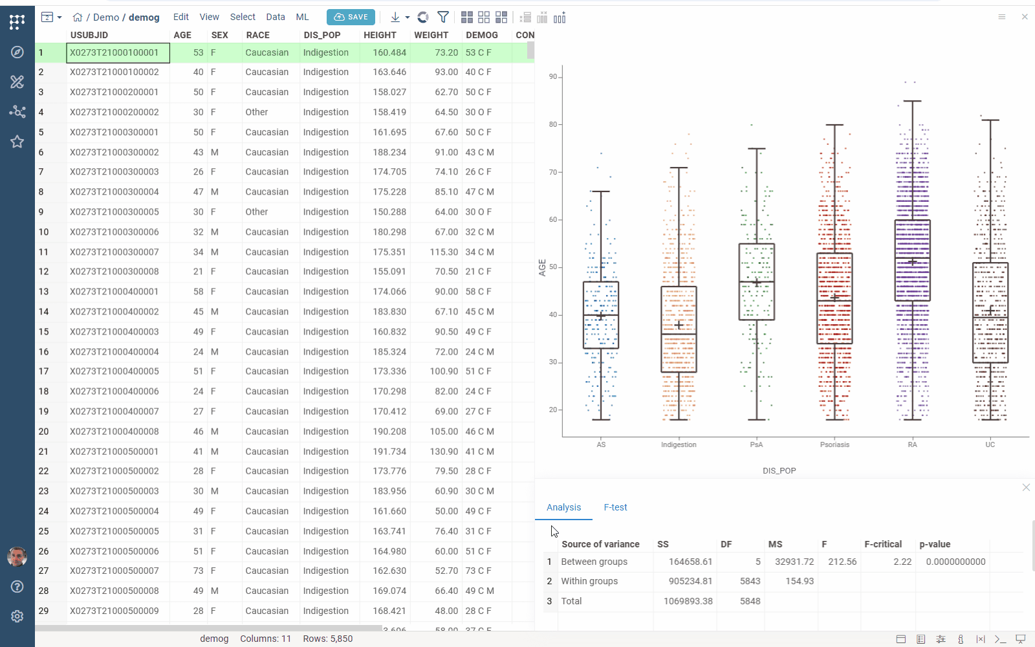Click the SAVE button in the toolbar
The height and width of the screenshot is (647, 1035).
click(351, 17)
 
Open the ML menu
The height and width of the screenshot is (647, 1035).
click(302, 17)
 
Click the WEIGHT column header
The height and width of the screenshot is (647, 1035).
click(431, 35)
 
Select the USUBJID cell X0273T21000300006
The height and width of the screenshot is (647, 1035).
click(114, 232)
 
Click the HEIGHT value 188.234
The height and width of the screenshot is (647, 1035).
click(389, 152)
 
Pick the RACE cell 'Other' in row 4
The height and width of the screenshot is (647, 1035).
click(257, 112)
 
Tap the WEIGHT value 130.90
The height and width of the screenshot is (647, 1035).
click(444, 452)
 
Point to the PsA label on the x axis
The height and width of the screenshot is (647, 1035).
click(756, 444)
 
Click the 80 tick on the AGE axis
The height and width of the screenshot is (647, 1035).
click(553, 124)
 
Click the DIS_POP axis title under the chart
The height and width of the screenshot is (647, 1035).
click(779, 470)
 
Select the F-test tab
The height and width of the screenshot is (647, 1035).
click(615, 507)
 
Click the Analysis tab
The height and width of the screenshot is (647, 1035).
click(563, 507)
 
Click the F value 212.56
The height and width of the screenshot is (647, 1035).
click(842, 562)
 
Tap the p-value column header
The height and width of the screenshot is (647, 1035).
click(935, 544)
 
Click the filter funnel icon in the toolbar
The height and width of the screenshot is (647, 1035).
click(443, 17)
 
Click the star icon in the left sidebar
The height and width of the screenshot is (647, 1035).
click(17, 142)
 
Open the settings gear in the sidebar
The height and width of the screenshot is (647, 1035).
click(17, 617)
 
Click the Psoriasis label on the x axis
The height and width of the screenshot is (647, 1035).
click(834, 444)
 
